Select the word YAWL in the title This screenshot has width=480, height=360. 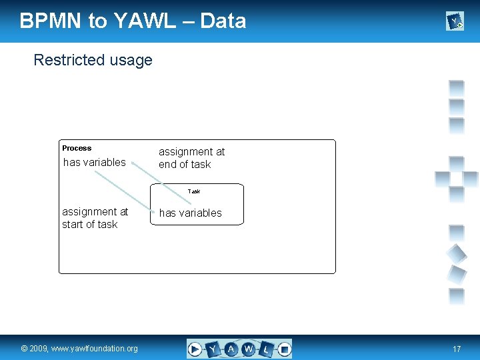tap(144, 21)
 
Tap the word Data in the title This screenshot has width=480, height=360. tap(223, 21)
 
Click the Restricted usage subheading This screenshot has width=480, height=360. tap(93, 60)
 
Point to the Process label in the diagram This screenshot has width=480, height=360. tap(77, 148)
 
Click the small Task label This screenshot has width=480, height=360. tap(194, 191)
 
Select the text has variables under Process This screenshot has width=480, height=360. tap(94, 162)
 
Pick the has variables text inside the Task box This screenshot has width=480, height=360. tap(190, 213)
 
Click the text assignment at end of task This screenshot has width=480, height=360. tap(191, 158)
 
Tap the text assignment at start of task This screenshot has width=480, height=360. tap(95, 218)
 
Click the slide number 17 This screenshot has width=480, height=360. tap(457, 349)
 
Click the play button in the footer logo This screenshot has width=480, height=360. tap(195, 349)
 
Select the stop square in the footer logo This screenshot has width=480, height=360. tap(284, 349)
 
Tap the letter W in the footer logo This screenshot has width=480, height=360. tap(249, 349)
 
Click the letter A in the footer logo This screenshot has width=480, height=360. tap(231, 349)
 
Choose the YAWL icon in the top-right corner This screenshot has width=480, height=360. tap(455, 22)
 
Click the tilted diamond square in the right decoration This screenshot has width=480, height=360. tap(456, 253)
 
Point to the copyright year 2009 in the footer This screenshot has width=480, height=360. tap(40, 349)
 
